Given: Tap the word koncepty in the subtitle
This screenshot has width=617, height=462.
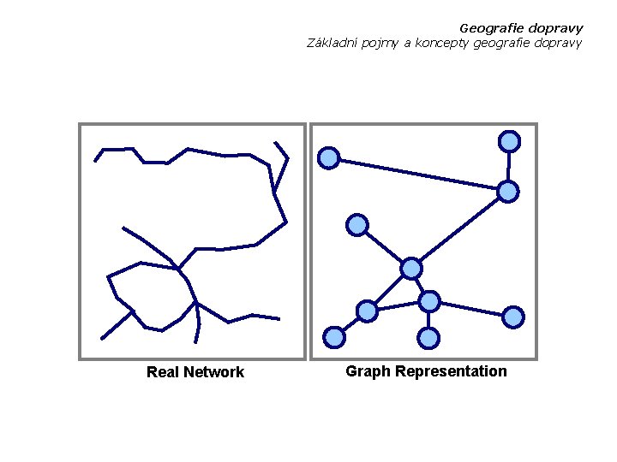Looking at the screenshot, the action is pyautogui.click(x=440, y=43).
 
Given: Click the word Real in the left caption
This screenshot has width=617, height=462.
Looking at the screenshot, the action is pyautogui.click(x=163, y=372).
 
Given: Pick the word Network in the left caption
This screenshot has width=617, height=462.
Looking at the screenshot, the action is pyautogui.click(x=213, y=372).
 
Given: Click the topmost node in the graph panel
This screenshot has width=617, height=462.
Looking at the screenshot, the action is pyautogui.click(x=510, y=141).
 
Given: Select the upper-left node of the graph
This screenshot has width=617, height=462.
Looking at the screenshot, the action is pyautogui.click(x=329, y=157).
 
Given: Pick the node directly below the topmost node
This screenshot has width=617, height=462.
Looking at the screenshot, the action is pyautogui.click(x=508, y=192).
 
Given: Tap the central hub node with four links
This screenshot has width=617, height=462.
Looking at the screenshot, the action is pyautogui.click(x=412, y=269).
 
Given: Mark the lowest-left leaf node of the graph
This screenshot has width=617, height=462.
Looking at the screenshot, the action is pyautogui.click(x=335, y=338).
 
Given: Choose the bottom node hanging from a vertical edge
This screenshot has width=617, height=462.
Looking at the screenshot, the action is pyautogui.click(x=429, y=339).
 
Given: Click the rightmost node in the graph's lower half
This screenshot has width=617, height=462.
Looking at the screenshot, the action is pyautogui.click(x=513, y=317).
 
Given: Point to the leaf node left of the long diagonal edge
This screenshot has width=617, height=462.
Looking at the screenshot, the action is pyautogui.click(x=357, y=225).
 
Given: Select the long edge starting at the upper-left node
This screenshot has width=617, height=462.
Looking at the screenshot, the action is pyautogui.click(x=418, y=174).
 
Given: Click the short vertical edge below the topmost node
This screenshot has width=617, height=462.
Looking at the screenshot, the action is pyautogui.click(x=509, y=166).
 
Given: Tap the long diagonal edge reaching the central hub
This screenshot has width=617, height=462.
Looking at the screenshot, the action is pyautogui.click(x=460, y=230).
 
